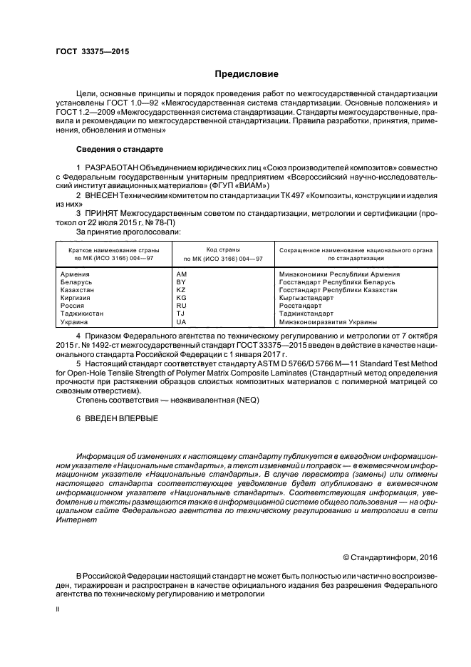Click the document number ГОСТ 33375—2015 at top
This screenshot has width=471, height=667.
(x=92, y=52)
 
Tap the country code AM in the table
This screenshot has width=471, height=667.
(x=181, y=274)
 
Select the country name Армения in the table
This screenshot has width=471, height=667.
(x=76, y=274)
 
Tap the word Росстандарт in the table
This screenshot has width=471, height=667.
(x=300, y=306)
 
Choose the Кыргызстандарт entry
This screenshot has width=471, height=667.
(x=306, y=298)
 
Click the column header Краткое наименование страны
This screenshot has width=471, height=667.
(x=113, y=251)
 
